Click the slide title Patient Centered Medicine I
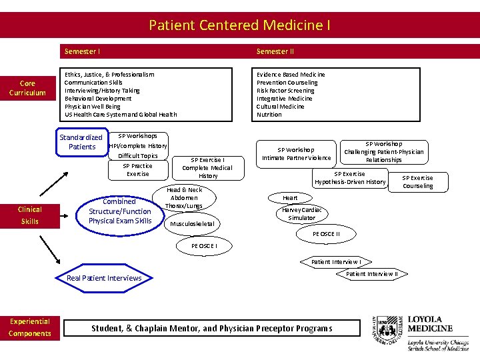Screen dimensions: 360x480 coord(239,25)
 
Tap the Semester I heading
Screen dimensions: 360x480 coord(83,51)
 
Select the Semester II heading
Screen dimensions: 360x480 coord(275,51)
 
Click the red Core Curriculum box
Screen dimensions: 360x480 coord(27,88)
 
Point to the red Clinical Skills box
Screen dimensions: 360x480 coord(29,215)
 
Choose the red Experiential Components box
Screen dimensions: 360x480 coord(30,327)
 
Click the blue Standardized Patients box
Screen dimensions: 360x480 coord(81,142)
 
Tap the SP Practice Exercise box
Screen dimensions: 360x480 coord(138,170)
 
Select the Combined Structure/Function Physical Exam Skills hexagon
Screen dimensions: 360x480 coord(120,211)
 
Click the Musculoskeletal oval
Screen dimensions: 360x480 coord(192,224)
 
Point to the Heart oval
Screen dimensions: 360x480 coord(290,198)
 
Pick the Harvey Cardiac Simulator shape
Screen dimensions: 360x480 coord(301,214)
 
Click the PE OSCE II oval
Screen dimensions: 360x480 coord(326,234)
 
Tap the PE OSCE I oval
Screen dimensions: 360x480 coord(204,246)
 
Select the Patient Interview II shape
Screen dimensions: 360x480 coord(372,273)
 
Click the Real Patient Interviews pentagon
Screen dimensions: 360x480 coord(105,278)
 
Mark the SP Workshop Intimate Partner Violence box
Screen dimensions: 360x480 coord(296,154)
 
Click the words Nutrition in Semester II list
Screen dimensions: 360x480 coord(269,115)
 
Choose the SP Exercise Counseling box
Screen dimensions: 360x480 coord(417,182)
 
